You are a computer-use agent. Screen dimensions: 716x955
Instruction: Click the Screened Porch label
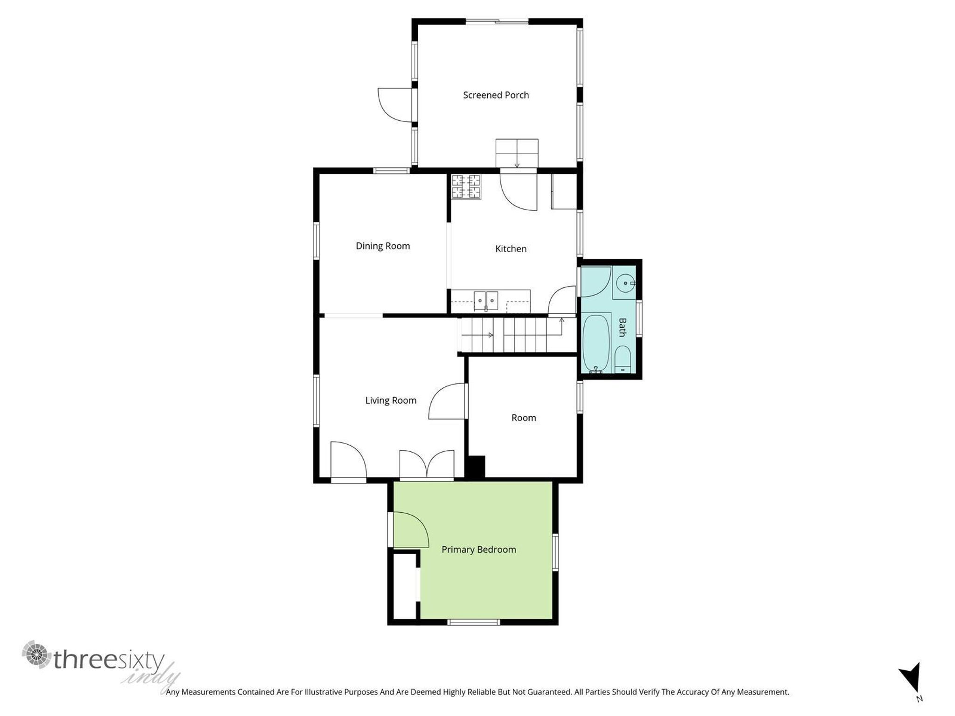pyautogui.click(x=496, y=95)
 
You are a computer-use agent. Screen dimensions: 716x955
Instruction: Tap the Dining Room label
pyautogui.click(x=383, y=246)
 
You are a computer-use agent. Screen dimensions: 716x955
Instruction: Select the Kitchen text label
pyautogui.click(x=511, y=249)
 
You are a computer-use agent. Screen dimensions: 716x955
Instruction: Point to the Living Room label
pyautogui.click(x=390, y=400)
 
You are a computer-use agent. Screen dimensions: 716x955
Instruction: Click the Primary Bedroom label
pyautogui.click(x=478, y=550)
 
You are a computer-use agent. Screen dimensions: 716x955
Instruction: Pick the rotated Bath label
pyautogui.click(x=622, y=327)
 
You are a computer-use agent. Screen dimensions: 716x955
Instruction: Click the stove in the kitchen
pyautogui.click(x=465, y=186)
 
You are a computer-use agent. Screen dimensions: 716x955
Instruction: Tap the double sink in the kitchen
pyautogui.click(x=486, y=301)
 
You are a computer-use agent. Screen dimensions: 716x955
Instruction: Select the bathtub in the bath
pyautogui.click(x=596, y=343)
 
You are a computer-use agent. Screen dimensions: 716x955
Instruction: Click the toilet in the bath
pyautogui.click(x=623, y=360)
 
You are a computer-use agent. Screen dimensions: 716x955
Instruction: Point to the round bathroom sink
pyautogui.click(x=625, y=283)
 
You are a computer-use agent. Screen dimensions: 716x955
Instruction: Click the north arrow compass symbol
pyautogui.click(x=911, y=678)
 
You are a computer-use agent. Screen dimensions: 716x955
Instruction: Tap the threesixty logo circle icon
pyautogui.click(x=36, y=654)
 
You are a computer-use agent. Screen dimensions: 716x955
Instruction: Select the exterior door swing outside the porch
pyautogui.click(x=394, y=105)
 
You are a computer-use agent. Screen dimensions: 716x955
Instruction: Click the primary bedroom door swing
pyautogui.click(x=410, y=530)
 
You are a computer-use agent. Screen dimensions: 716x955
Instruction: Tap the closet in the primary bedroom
pyautogui.click(x=404, y=586)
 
